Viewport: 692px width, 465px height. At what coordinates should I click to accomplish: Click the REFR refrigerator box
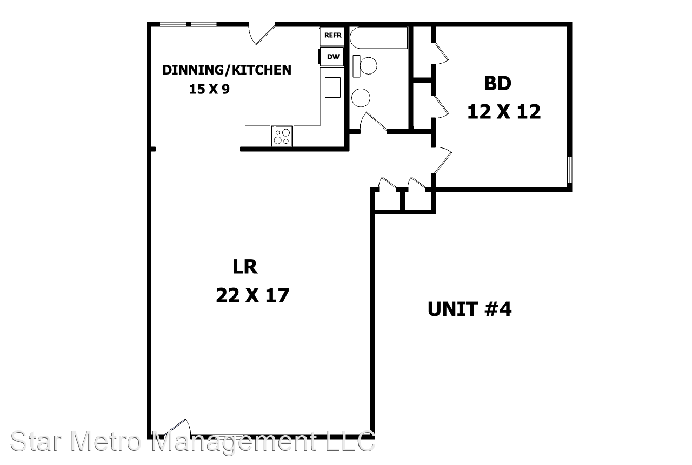(x=332, y=36)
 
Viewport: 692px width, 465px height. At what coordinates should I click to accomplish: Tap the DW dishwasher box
(x=332, y=57)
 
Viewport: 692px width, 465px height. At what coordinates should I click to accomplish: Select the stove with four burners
(x=282, y=136)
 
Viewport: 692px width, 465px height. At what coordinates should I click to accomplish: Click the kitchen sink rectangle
(x=332, y=87)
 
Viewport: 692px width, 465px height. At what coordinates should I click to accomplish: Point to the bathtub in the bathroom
(x=379, y=38)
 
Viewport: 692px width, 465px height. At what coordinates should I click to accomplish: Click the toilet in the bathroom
(x=365, y=66)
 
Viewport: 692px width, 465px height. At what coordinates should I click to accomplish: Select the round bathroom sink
(x=361, y=98)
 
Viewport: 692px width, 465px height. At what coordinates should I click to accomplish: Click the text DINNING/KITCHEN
(x=227, y=70)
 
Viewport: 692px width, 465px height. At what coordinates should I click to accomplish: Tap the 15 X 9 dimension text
(x=209, y=89)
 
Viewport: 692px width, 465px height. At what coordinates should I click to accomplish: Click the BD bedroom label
(x=498, y=83)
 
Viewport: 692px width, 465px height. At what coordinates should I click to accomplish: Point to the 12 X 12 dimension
(x=504, y=111)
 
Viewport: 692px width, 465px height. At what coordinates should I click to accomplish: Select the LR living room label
(x=245, y=267)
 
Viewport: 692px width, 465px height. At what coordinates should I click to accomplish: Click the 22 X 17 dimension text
(x=252, y=295)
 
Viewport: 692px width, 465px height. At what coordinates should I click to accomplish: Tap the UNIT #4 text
(x=470, y=309)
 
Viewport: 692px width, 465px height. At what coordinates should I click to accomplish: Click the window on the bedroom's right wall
(x=570, y=170)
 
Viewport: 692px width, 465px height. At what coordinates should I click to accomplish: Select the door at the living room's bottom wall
(x=178, y=428)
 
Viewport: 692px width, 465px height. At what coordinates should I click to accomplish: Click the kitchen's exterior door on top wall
(x=262, y=34)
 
